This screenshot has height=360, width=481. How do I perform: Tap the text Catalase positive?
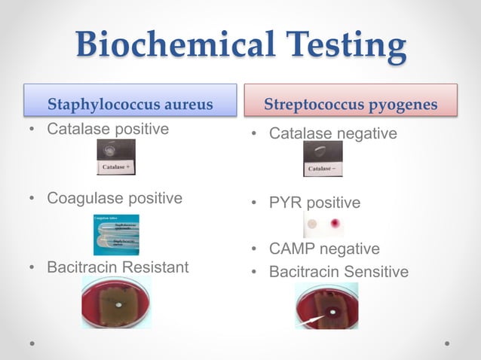108,129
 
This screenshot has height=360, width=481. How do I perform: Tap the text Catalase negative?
332,134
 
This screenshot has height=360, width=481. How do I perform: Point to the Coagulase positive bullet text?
115,198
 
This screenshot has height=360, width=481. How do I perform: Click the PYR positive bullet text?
314,203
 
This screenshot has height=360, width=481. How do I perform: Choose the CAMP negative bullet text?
324,249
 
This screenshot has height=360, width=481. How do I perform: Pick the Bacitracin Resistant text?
118,267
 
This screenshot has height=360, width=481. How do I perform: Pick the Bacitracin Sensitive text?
339,271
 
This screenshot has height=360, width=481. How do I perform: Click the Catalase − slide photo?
323,159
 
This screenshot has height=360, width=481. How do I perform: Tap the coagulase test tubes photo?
116,234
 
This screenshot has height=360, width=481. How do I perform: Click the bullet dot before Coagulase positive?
31,199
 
